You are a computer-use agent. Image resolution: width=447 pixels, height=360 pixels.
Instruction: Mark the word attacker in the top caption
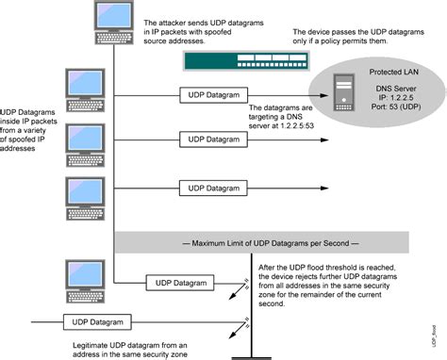coord(177,21)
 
